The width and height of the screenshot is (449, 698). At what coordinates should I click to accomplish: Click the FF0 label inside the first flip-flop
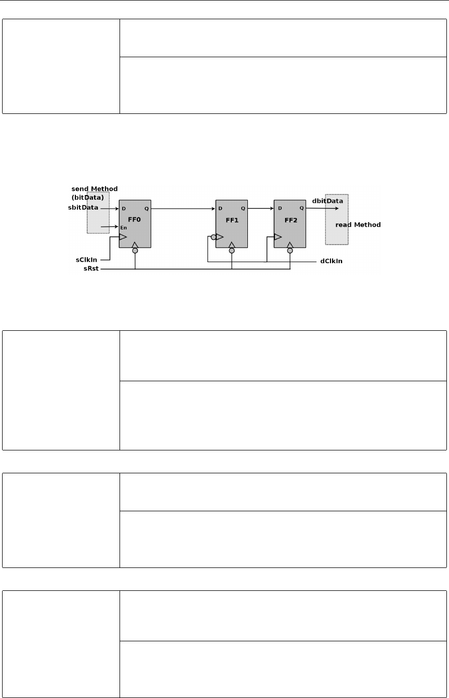pos(135,220)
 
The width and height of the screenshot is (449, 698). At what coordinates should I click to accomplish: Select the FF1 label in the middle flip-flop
pos(231,220)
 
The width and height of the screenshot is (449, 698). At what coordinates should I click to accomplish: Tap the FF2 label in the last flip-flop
pos(289,220)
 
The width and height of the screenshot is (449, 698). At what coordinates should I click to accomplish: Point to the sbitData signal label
pos(83,208)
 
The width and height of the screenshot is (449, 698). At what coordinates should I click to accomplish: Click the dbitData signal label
pos(327,201)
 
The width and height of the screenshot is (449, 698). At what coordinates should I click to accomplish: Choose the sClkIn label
pos(85,258)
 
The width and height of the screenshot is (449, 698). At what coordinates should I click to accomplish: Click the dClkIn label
pos(332,261)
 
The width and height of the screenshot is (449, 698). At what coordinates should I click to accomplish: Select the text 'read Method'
pos(358,225)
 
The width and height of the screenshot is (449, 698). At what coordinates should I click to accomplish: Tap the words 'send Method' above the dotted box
pos(95,188)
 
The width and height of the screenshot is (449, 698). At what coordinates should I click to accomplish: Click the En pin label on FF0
pos(124,227)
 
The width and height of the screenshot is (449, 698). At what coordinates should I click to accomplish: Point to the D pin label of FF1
pos(221,209)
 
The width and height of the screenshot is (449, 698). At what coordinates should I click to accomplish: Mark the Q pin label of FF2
pos(301,209)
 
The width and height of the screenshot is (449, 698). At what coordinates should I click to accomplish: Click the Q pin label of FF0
pos(147,209)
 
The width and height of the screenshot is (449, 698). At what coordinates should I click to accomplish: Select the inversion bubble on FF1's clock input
pos(213,238)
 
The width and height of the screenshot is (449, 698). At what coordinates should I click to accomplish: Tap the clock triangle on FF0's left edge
pos(123,237)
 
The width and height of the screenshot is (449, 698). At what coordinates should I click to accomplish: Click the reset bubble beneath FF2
pos(290,251)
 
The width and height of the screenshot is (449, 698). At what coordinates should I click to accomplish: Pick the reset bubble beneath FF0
pos(135,251)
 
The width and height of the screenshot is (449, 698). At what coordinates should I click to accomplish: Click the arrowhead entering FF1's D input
pos(213,209)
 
